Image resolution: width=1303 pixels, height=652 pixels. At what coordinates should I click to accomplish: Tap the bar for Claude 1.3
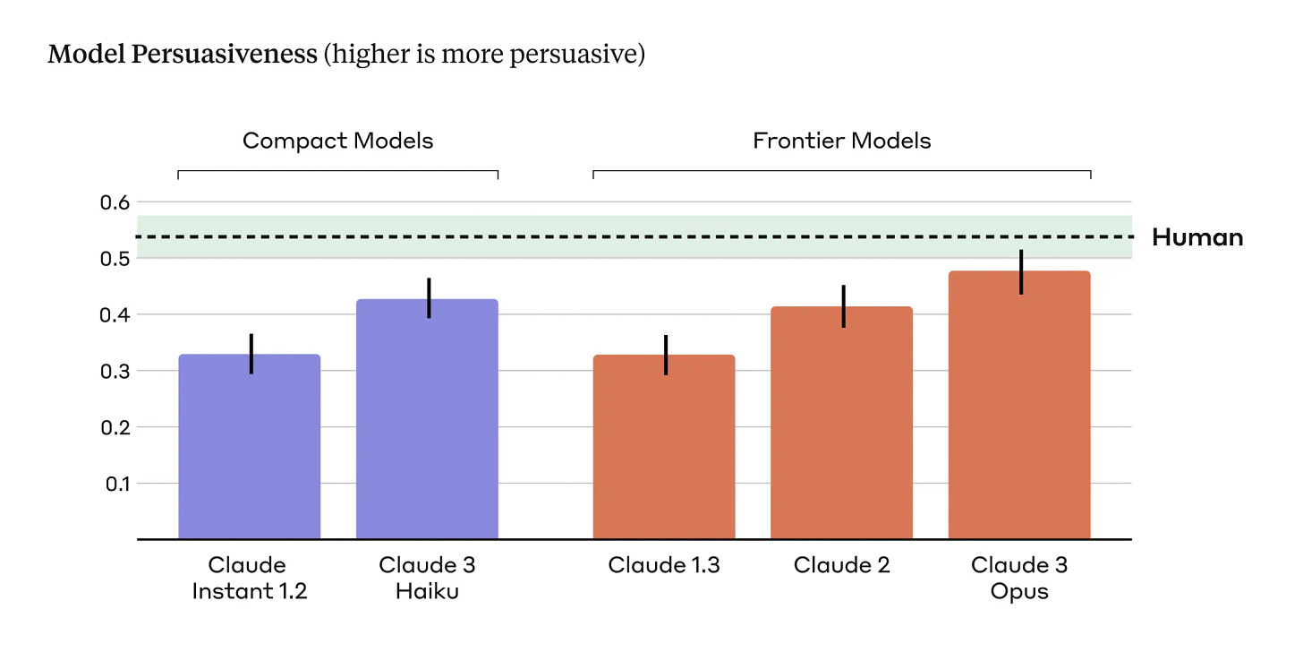point(664,447)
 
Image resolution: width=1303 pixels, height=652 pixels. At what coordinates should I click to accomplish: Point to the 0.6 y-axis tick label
point(114,202)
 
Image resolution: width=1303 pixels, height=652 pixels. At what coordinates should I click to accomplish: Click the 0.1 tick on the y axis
point(114,484)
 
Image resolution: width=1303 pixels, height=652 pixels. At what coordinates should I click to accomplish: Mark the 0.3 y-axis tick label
point(114,371)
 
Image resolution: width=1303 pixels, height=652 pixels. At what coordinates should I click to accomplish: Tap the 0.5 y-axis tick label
point(114,259)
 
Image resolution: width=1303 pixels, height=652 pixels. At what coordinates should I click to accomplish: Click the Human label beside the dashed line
point(1197,237)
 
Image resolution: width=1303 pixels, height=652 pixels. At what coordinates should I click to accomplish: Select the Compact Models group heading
point(337,141)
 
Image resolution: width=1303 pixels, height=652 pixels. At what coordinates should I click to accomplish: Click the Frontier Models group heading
point(841,141)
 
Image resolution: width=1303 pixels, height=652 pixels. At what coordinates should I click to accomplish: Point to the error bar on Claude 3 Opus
point(1020,272)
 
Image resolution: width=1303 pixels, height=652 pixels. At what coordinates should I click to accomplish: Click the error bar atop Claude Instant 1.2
point(251,353)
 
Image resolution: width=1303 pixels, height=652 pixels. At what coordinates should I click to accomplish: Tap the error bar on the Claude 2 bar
point(843,306)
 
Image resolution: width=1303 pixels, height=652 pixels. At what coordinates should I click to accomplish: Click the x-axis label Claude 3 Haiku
point(427,579)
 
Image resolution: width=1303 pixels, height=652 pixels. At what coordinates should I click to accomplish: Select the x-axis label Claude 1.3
point(664,566)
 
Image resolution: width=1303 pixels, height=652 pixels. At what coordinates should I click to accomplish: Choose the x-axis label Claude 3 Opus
point(1019,579)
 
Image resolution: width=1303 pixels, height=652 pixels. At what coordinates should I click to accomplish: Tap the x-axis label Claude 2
point(841,566)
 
